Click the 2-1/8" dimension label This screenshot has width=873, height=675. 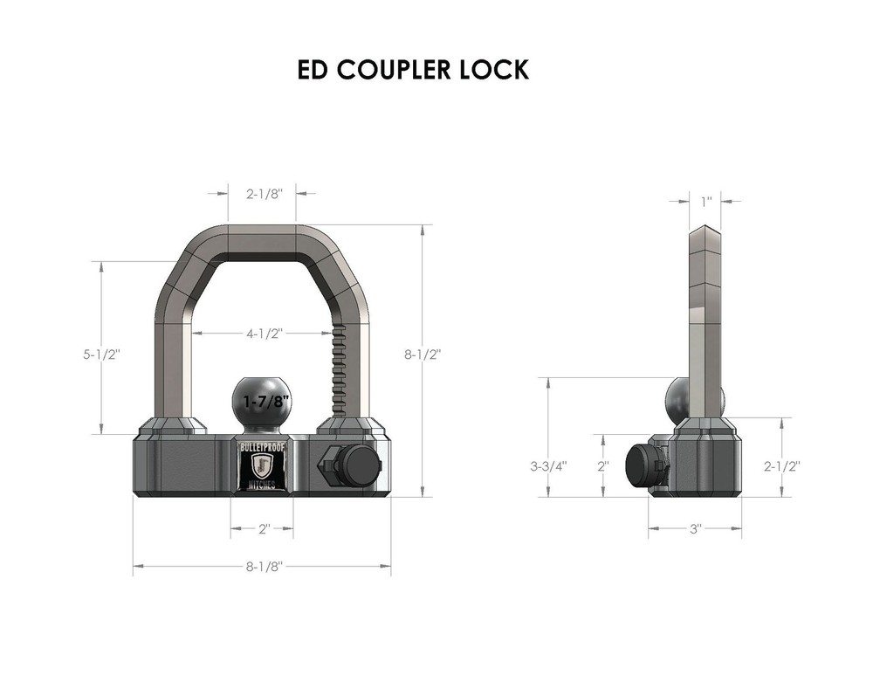pos(262,195)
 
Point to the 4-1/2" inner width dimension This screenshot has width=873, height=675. pos(262,333)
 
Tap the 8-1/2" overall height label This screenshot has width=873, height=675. pos(423,355)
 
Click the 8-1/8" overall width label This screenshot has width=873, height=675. pos(263,567)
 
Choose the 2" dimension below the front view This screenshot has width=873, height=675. pos(262,529)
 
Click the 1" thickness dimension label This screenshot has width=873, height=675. pos(706,201)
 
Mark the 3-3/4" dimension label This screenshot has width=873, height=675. pos(548,465)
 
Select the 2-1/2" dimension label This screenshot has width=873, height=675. pos(782,465)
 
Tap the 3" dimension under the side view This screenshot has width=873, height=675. pos(696,529)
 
